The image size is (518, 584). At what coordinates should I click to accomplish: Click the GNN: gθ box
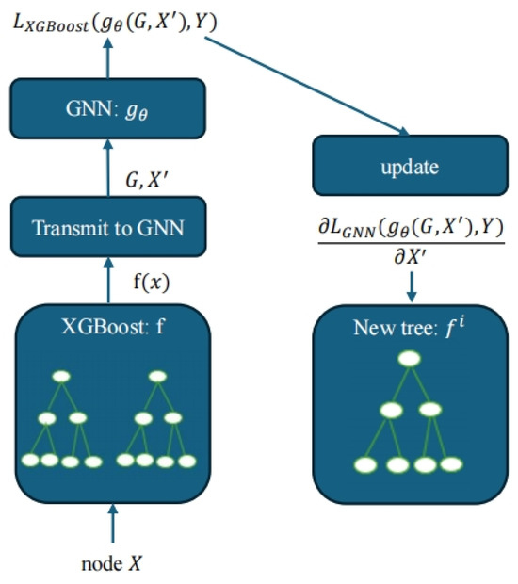coord(107,109)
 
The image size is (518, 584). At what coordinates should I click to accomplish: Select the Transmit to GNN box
coord(107,227)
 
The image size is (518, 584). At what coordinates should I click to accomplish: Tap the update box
coord(410,167)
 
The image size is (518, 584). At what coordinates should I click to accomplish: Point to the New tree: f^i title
coord(409,329)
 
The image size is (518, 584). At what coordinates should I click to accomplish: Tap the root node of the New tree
coord(409,359)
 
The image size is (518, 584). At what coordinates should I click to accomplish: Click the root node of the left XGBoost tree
coord(61,377)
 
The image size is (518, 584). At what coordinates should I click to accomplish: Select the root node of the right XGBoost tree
coord(157,377)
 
